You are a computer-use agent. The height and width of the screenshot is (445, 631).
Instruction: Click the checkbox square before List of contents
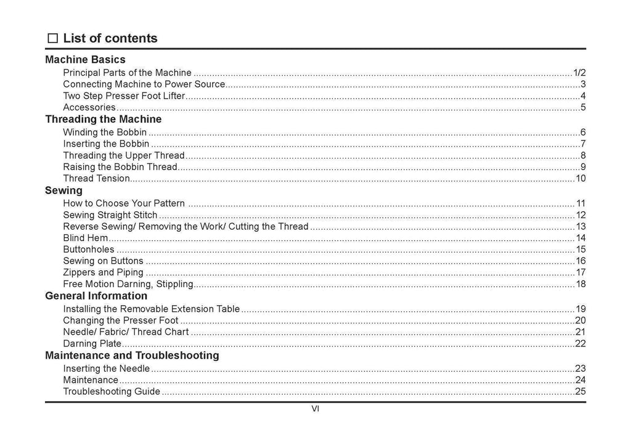click(52, 39)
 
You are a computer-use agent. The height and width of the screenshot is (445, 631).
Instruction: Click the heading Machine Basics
click(85, 60)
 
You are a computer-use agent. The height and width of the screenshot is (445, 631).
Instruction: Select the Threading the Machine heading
click(103, 119)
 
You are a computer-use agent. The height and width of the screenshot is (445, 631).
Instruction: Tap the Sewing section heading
click(63, 190)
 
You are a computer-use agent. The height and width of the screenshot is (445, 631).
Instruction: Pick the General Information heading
click(96, 296)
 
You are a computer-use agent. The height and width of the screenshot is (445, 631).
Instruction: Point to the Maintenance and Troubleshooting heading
click(132, 356)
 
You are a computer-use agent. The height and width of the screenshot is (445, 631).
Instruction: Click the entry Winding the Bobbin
click(105, 133)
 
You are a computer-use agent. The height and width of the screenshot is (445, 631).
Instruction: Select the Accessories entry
click(89, 108)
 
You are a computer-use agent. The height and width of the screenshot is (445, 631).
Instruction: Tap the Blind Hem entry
click(86, 238)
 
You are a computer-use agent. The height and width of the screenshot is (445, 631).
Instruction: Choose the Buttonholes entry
click(89, 250)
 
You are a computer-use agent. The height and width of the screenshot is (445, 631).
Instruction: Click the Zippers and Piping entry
click(103, 272)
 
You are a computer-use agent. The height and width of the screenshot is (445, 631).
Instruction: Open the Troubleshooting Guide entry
click(112, 391)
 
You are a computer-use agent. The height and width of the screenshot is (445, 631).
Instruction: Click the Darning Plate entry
click(92, 344)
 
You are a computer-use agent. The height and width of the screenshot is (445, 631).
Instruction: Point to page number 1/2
click(579, 73)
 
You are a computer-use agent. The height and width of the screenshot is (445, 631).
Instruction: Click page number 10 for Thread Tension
click(580, 179)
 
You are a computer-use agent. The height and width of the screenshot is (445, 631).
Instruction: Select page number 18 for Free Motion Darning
click(580, 284)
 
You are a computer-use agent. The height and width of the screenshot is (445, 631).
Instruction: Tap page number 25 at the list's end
click(580, 391)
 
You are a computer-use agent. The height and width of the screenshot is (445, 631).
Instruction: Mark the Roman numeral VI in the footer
click(315, 409)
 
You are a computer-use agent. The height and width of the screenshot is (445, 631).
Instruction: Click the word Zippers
click(79, 272)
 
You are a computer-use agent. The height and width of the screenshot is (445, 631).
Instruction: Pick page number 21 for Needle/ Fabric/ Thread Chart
click(580, 332)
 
